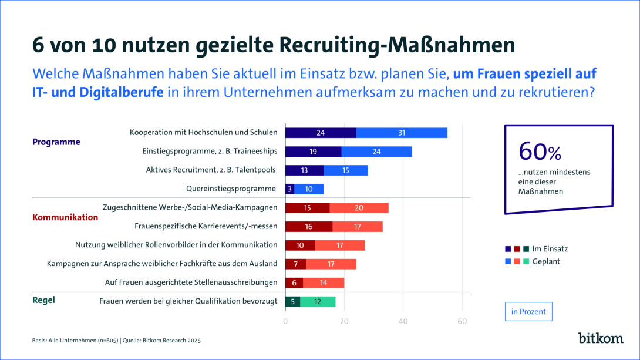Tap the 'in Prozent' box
(x=528, y=312)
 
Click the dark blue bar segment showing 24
(x=321, y=133)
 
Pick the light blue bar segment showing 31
(x=402, y=133)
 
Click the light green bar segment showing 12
(x=318, y=302)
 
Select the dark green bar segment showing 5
(x=292, y=302)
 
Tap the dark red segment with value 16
(x=309, y=227)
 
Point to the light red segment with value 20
(x=359, y=208)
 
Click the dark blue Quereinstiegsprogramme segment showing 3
(x=289, y=189)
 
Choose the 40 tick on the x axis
(x=403, y=321)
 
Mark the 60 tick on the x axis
(x=462, y=321)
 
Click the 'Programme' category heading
(x=56, y=142)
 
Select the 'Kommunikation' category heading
(x=65, y=217)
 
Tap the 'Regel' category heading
(x=43, y=300)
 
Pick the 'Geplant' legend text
(x=545, y=261)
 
